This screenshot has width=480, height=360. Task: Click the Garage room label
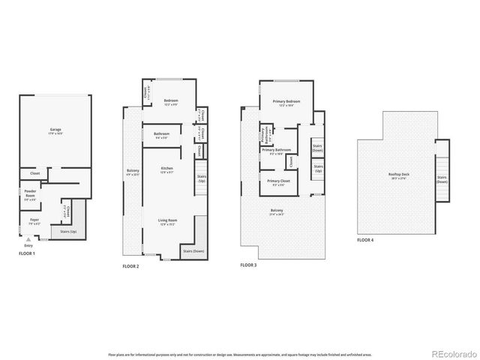tap(55, 130)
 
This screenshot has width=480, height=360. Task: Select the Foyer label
tap(34, 220)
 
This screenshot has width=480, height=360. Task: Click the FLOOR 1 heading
tap(28, 254)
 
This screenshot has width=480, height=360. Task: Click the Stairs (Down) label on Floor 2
tap(193, 251)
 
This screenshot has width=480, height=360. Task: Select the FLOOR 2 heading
tap(132, 266)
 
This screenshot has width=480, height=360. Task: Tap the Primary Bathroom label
tap(277, 150)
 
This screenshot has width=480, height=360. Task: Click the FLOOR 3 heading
tap(250, 265)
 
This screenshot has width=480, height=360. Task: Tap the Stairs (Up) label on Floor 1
tap(71, 232)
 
